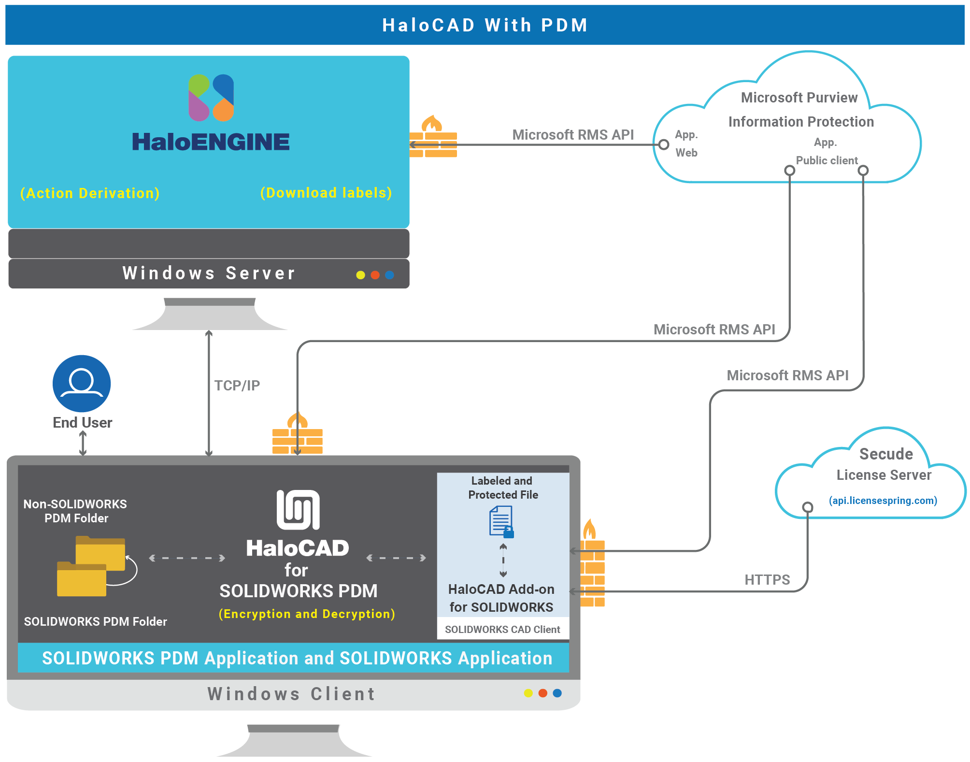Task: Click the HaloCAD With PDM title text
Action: coord(485,25)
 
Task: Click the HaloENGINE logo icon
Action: coord(211,98)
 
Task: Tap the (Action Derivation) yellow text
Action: coord(90,193)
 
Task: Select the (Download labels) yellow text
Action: coord(326,193)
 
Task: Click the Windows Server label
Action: coord(209,273)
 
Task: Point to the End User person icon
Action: coord(82,384)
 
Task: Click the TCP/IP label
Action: coord(237,386)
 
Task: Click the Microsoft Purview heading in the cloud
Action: coord(799,98)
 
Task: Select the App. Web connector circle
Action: coord(664,144)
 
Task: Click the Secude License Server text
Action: coord(884,464)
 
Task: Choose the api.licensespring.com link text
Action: coord(883,501)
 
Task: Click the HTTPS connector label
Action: coord(767,580)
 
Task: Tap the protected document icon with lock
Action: coord(501,522)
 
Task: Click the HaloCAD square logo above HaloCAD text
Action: coord(298,510)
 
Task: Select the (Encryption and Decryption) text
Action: coord(307,614)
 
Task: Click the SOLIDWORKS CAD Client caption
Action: coord(502,630)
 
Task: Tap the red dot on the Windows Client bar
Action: coord(543,693)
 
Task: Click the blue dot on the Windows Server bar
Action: coord(389,275)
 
